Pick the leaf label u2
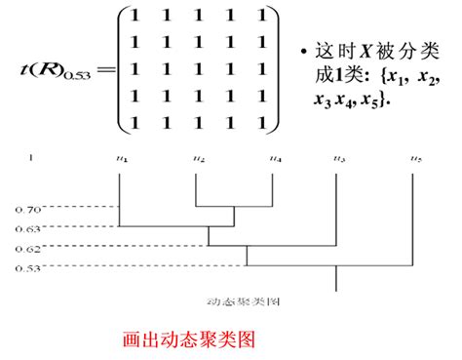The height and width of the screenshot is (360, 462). [x=199, y=158]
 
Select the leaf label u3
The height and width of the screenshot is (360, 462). [x=338, y=158]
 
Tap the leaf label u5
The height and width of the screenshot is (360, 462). [x=415, y=158]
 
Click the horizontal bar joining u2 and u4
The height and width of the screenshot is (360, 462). [x=234, y=207]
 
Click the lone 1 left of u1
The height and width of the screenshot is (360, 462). [x=30, y=158]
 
